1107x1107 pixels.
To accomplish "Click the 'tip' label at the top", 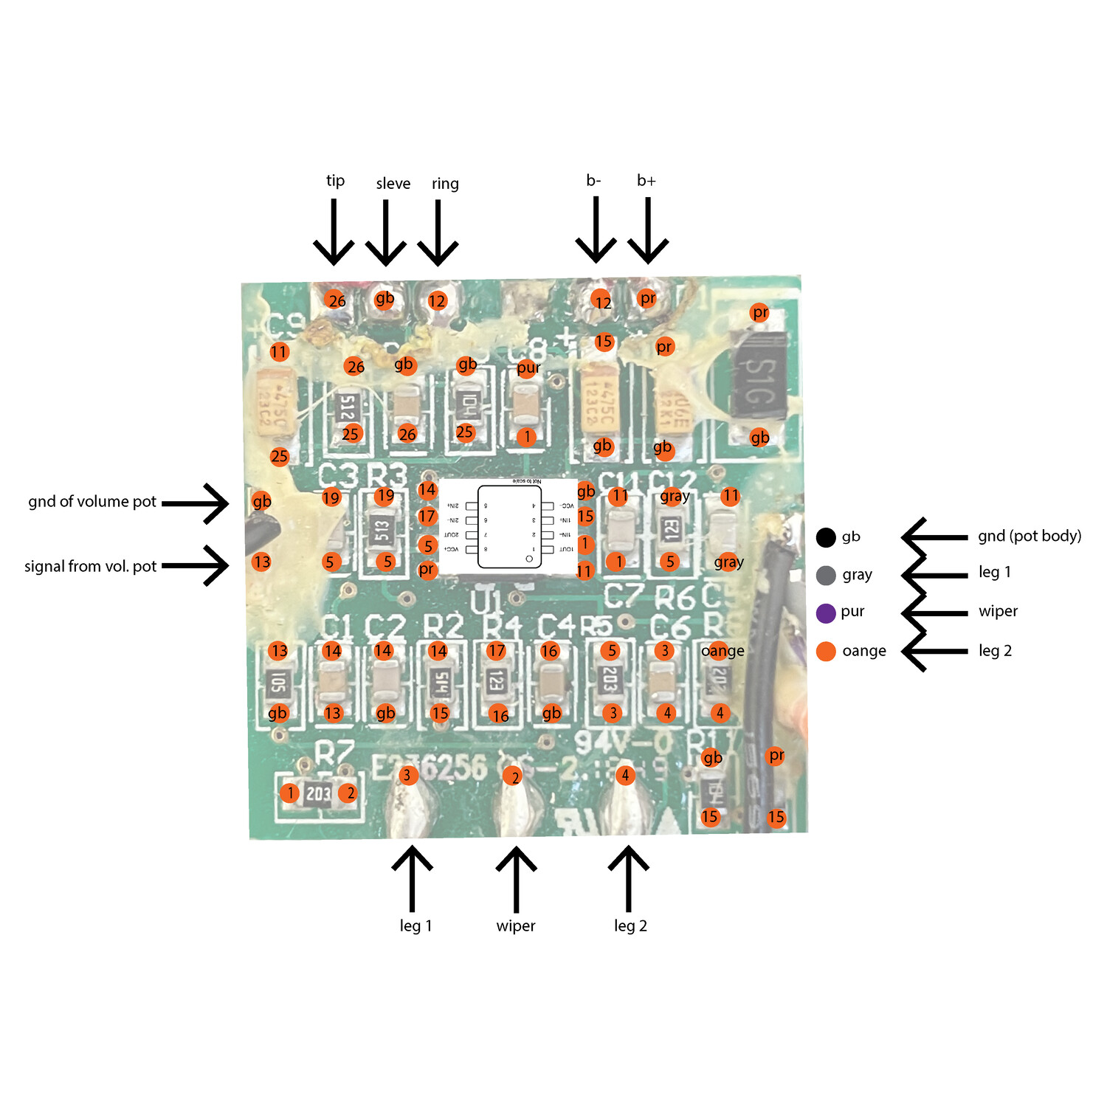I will (x=335, y=181).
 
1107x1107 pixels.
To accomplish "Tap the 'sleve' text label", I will (x=393, y=184).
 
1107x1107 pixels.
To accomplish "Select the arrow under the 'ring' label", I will (x=438, y=232).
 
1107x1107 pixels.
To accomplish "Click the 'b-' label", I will (x=594, y=181).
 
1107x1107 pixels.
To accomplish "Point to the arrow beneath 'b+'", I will (x=647, y=230).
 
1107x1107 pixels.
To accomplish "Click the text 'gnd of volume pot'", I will (x=92, y=502).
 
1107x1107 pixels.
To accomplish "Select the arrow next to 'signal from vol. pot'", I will (x=196, y=566).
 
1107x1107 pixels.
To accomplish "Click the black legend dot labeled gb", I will (x=826, y=537).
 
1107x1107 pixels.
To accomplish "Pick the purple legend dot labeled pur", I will (x=826, y=613).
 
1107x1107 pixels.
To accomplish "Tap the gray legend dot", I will (x=826, y=575).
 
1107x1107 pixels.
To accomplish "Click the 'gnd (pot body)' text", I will (x=1029, y=536).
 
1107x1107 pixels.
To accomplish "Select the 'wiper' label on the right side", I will (x=998, y=611).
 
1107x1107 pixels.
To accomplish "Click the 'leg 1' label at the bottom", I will (x=415, y=925).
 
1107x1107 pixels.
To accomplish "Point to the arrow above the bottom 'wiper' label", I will (x=516, y=878).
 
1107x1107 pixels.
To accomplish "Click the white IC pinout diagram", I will (x=508, y=526).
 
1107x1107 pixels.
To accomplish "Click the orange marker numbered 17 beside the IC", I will (x=427, y=517).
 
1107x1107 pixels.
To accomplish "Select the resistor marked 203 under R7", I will (x=318, y=794).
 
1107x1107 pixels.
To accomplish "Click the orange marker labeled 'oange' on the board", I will (x=723, y=651).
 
